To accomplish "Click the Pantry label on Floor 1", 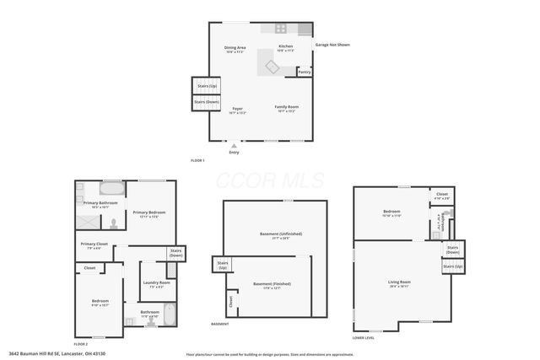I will tap(304, 73).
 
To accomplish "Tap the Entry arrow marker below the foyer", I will tap(234, 145).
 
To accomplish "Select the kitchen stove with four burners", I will tap(281, 28).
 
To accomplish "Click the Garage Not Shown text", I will tap(332, 44).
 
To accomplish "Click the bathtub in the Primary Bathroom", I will tap(111, 190).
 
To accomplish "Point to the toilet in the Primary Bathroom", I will tap(113, 224).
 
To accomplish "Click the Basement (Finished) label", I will tap(272, 284).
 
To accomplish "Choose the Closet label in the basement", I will tap(230, 300).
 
